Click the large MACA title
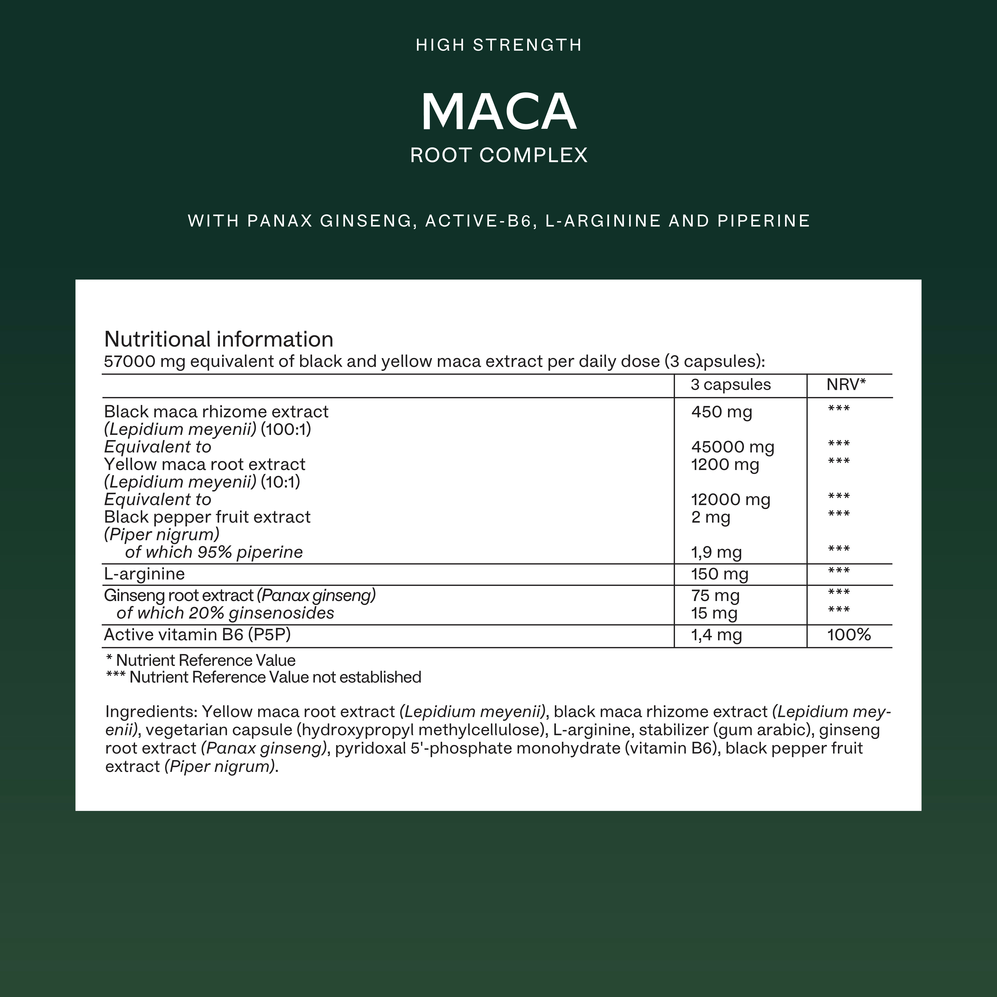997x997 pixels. click(x=498, y=112)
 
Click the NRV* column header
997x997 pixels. click(x=846, y=384)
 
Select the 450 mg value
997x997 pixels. click(x=721, y=412)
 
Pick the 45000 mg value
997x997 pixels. click(x=732, y=447)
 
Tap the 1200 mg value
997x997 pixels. click(x=725, y=464)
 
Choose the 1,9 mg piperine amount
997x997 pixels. click(x=716, y=552)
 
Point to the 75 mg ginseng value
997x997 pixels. click(x=715, y=596)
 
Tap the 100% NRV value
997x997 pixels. click(x=849, y=635)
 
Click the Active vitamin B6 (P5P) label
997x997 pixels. click(x=197, y=635)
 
